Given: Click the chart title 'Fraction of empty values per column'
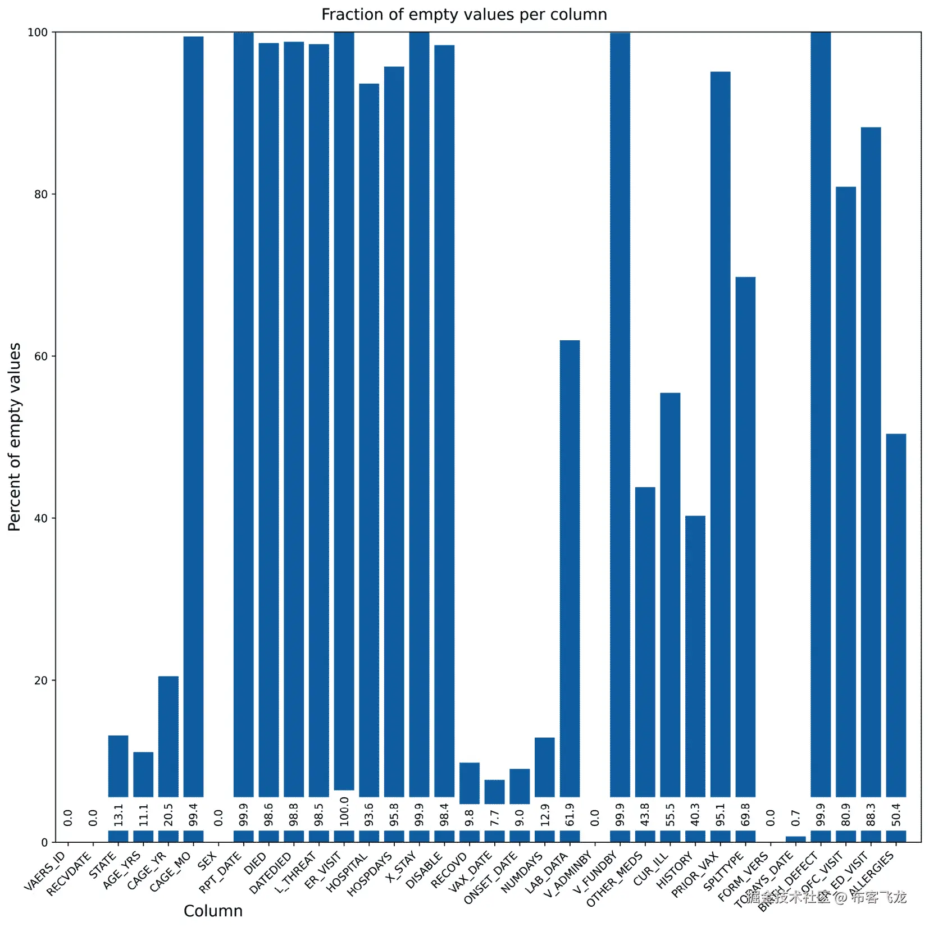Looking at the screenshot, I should tap(464, 15).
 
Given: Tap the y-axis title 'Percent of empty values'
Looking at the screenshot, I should tap(15, 437).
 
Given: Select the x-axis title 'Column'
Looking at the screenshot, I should tap(213, 911).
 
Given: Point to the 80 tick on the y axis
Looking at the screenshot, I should tap(41, 194).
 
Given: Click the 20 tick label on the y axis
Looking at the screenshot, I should tap(41, 681).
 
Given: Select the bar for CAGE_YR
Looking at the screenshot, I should tap(169, 736).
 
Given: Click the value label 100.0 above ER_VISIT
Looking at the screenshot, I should tap(344, 811).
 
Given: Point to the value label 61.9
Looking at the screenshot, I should tap(570, 815).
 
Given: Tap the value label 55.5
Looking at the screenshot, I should tap(671, 815).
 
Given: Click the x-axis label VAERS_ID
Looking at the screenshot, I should tap(45, 871).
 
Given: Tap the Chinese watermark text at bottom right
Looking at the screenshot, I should tap(826, 897).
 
